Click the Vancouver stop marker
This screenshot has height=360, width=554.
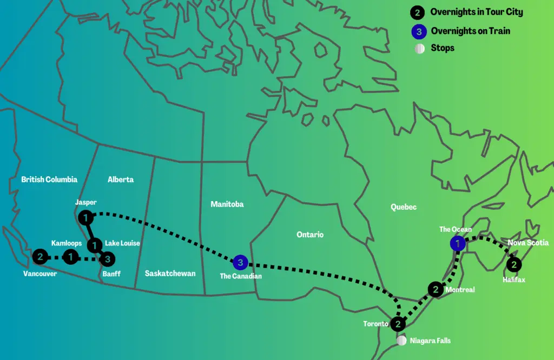39,257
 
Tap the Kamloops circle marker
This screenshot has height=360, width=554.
70,257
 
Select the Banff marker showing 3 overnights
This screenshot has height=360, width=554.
108,259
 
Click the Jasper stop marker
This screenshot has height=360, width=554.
85,218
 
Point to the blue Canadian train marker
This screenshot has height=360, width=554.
241,263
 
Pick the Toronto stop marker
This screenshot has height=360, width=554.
398,324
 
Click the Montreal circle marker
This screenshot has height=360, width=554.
436,290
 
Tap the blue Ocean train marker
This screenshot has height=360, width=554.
458,244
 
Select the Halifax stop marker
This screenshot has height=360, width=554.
514,265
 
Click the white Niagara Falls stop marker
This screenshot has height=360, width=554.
401,341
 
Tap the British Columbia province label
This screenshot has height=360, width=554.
49,179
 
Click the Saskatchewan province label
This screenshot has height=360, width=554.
170,274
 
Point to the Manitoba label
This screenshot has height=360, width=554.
227,204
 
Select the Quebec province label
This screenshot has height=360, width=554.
404,207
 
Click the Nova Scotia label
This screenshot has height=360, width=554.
528,243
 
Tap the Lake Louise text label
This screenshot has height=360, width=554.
122,243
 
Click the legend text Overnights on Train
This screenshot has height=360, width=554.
470,31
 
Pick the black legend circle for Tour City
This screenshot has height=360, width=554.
418,12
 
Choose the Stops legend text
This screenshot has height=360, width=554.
443,48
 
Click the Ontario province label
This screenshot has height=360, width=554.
310,235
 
